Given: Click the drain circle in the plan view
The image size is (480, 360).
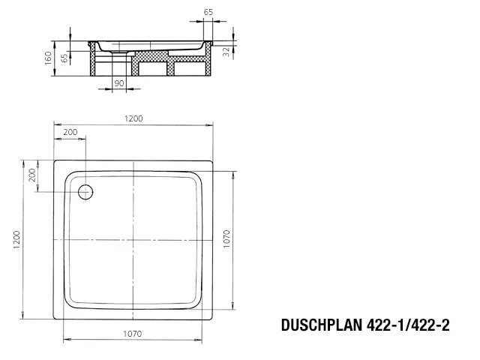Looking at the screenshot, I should [84, 191].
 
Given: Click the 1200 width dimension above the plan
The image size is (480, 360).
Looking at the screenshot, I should [133, 118].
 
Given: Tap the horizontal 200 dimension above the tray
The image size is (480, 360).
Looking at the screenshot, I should [70, 132].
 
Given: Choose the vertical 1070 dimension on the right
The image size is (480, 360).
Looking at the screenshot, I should [226, 240].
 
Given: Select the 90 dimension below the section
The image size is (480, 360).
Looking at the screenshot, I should [118, 83].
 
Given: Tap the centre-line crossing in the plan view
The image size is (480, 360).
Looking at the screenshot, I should [133, 239].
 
